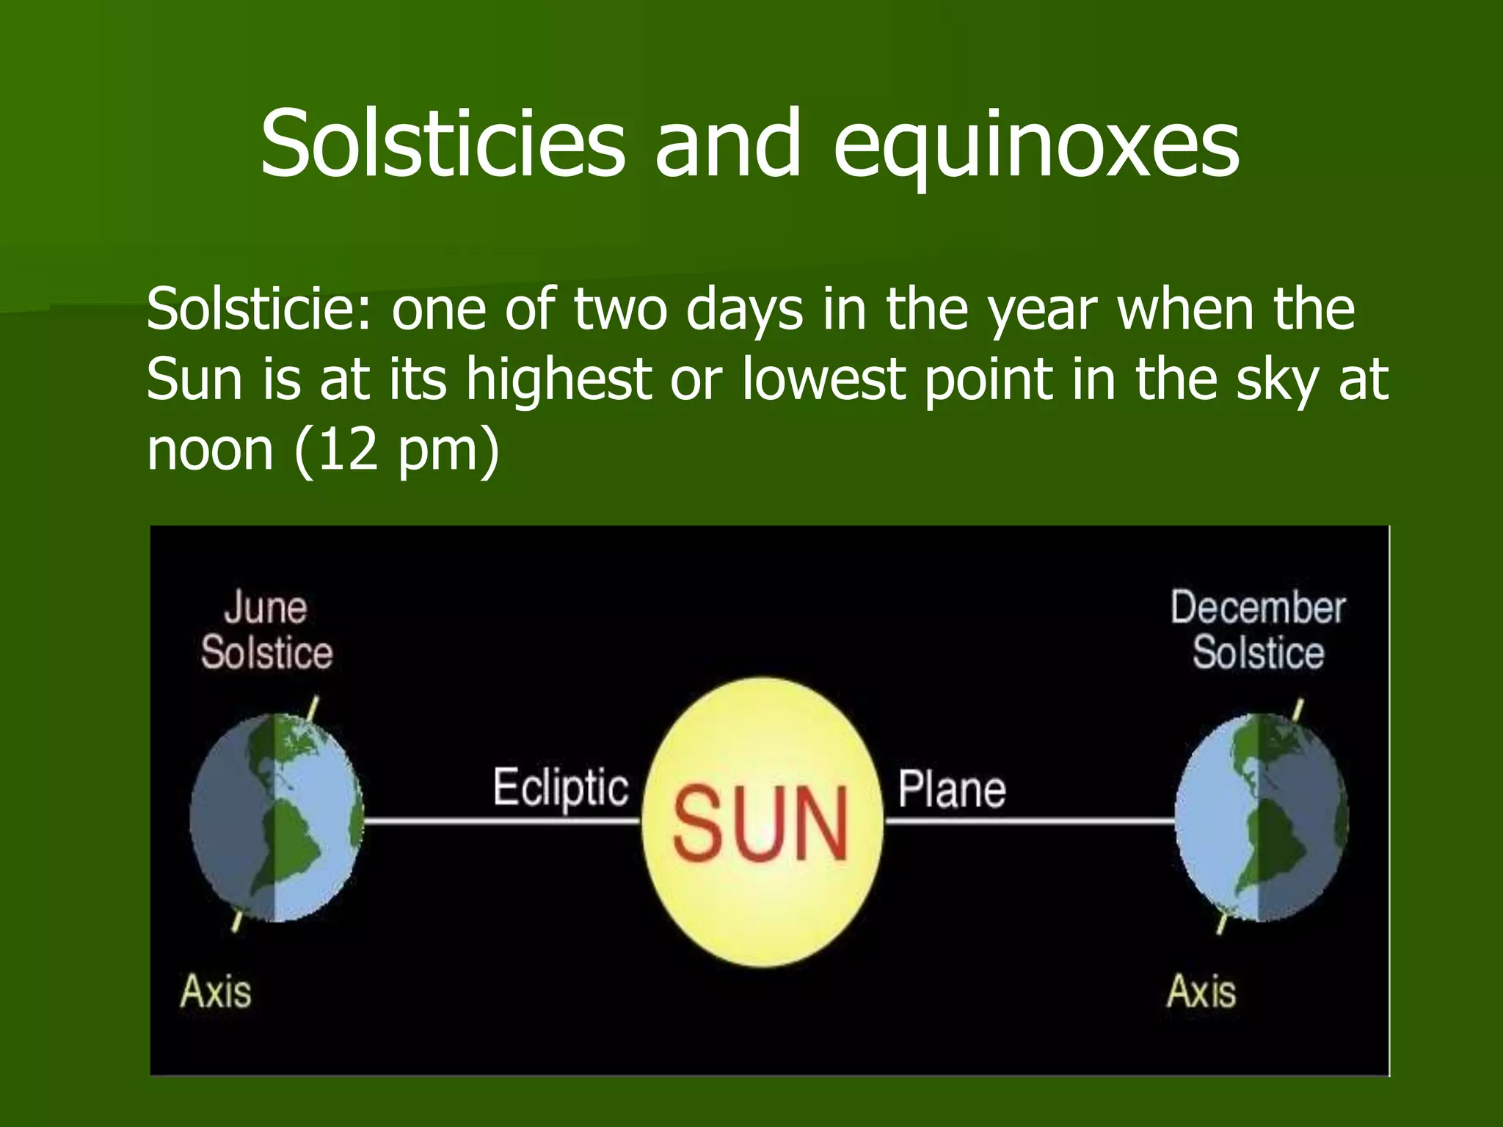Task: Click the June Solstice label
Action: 266,630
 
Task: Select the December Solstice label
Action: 1258,630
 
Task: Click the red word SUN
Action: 761,824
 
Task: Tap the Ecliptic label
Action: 561,788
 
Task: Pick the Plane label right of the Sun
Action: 952,789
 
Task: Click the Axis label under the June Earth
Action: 216,991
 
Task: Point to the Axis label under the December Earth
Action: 1201,991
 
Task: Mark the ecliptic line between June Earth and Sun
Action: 502,822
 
